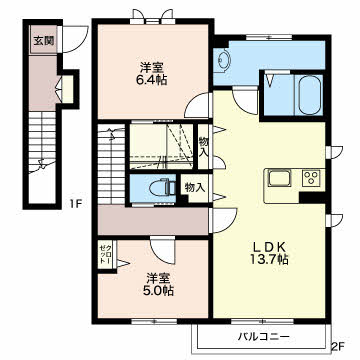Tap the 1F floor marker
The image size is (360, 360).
point(76,203)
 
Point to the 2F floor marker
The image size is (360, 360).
point(338,347)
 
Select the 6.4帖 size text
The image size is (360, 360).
point(152,80)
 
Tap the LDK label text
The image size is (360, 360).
point(269,247)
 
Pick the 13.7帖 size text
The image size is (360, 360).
point(269,259)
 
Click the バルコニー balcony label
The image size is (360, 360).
point(264,337)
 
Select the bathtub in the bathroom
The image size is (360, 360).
point(310,95)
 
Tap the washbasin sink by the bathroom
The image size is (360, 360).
point(222,60)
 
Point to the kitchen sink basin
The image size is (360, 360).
point(280,178)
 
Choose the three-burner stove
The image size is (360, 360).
point(312,178)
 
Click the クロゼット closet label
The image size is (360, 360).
point(106,255)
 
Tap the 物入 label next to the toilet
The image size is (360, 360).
point(194,188)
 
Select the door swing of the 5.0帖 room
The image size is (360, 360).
point(162,250)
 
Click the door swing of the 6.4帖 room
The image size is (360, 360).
point(199,105)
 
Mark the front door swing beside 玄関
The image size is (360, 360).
point(74,40)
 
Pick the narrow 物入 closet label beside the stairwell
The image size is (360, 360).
point(203,146)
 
